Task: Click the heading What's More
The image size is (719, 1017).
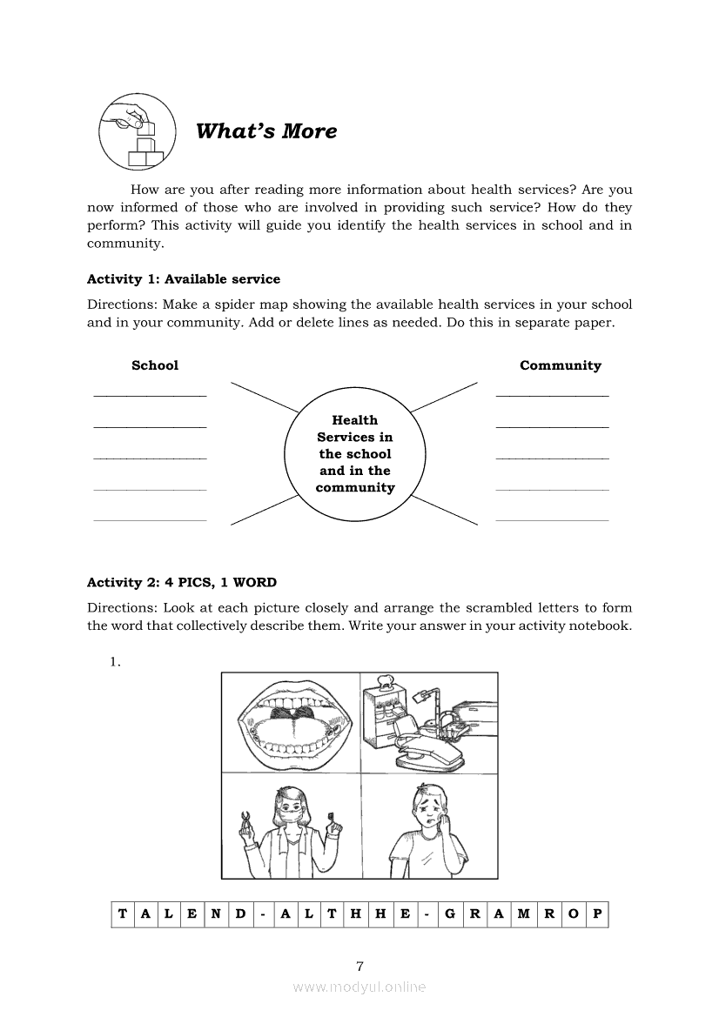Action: [x=265, y=131]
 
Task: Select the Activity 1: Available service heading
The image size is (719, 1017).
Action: [x=184, y=279]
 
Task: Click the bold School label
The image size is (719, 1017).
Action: [x=155, y=365]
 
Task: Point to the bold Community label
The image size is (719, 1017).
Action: [x=561, y=365]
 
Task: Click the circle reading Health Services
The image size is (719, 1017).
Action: [x=355, y=453]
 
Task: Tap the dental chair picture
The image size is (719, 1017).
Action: [x=428, y=722]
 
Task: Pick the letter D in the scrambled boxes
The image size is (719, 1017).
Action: [x=239, y=913]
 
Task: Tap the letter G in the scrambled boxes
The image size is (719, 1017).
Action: [x=450, y=913]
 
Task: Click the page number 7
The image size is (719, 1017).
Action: [x=359, y=966]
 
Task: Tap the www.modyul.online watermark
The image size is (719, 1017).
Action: [x=359, y=987]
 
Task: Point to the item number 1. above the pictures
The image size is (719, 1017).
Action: [x=114, y=662]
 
